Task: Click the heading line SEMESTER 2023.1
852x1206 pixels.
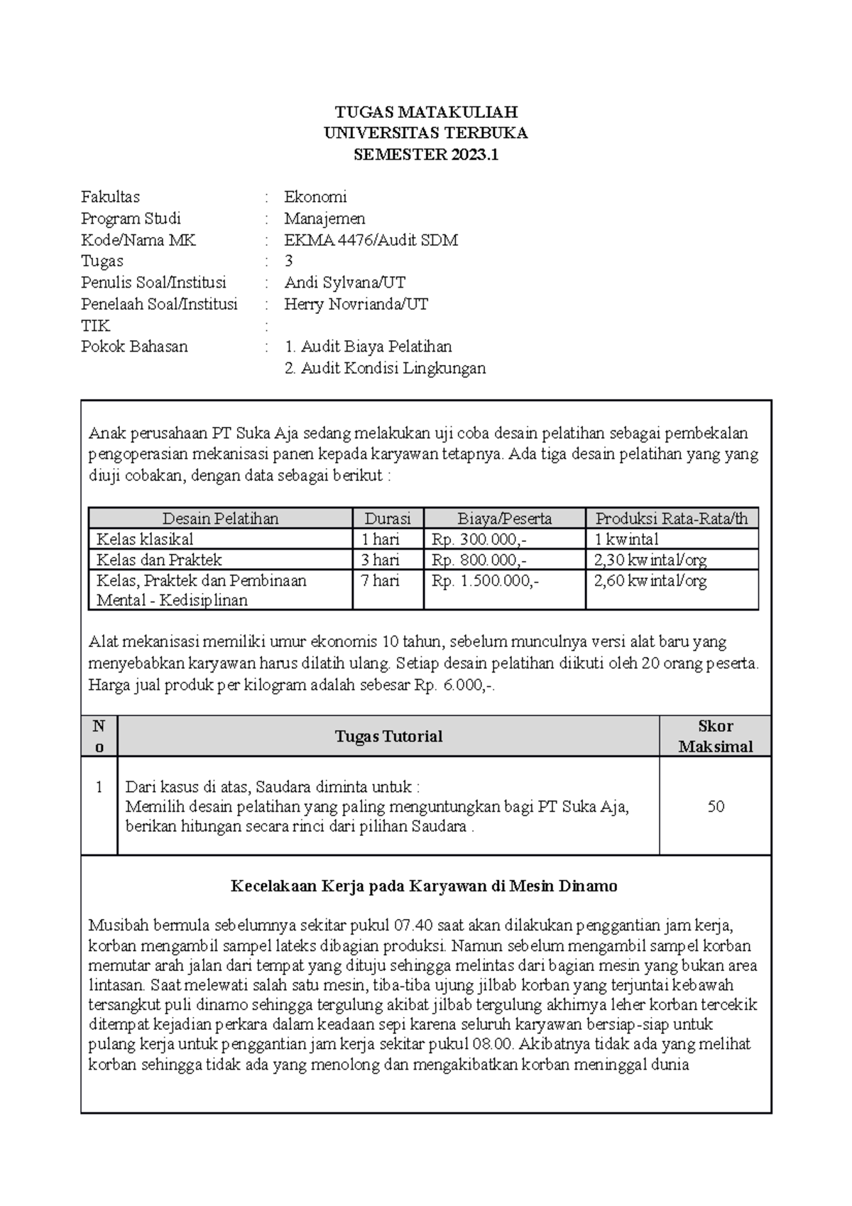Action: [x=426, y=155]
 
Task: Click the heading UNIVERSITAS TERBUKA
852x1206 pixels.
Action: [x=426, y=134]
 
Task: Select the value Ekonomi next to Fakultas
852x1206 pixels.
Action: [x=315, y=197]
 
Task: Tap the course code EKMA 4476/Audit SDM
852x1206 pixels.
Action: [x=371, y=240]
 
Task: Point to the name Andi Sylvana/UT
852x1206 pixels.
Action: [x=345, y=283]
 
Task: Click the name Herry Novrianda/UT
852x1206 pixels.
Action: [x=356, y=304]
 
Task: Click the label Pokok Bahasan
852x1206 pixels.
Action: [x=134, y=347]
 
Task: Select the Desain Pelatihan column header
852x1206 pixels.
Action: [x=220, y=518]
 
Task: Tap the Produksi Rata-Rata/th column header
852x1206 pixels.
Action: [x=671, y=518]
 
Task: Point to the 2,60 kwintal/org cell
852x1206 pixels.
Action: [x=650, y=580]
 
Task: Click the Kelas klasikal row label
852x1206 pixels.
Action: [x=145, y=539]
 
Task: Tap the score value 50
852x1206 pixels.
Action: [x=715, y=806]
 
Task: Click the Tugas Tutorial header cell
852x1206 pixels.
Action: [x=388, y=737]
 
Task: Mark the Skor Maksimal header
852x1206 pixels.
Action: [x=715, y=737]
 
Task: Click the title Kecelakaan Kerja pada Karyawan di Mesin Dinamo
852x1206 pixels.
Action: [x=425, y=886]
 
